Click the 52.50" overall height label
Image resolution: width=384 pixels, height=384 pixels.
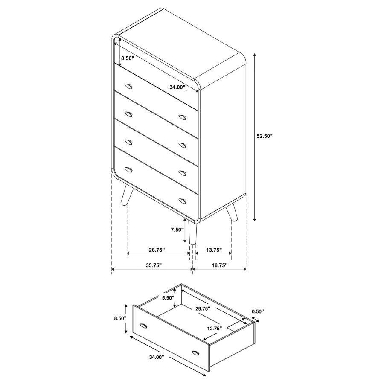coord(265,136)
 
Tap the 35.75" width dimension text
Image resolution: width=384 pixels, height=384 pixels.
coord(154,265)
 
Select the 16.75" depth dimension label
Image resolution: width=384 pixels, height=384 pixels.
coord(219,265)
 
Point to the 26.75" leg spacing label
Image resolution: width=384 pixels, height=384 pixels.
coord(157,250)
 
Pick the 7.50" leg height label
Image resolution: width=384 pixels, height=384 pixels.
coord(176,229)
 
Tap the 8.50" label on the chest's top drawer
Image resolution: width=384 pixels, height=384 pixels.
coord(128,58)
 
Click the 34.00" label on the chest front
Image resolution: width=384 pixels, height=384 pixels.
coord(177,87)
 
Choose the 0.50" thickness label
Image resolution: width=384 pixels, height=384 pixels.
coord(258,311)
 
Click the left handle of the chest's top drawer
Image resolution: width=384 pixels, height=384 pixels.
coord(128,87)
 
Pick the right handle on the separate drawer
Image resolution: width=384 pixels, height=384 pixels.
coord(196,352)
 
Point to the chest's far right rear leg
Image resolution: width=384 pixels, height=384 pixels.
coord(232,212)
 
